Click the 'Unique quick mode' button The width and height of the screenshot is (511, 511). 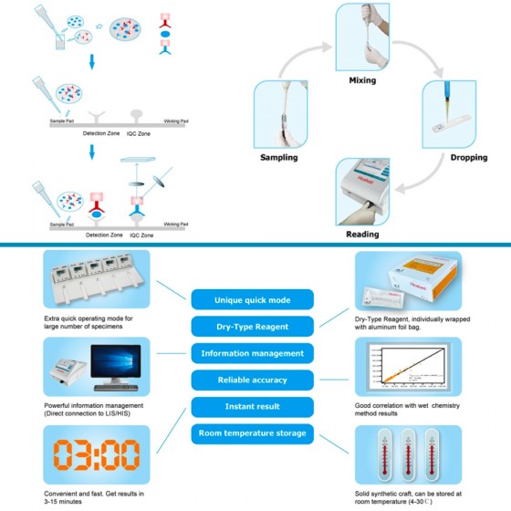tap(252, 299)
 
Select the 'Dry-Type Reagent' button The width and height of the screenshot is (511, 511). tap(252, 326)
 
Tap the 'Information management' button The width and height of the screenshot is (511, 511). tap(252, 353)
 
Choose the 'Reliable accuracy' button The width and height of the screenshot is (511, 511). tap(252, 380)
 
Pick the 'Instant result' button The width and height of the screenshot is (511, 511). tap(252, 407)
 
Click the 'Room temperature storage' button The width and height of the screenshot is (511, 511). tap(252, 433)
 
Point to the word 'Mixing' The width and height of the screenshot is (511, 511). tap(362, 80)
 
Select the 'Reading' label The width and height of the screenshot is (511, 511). tap(362, 235)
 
